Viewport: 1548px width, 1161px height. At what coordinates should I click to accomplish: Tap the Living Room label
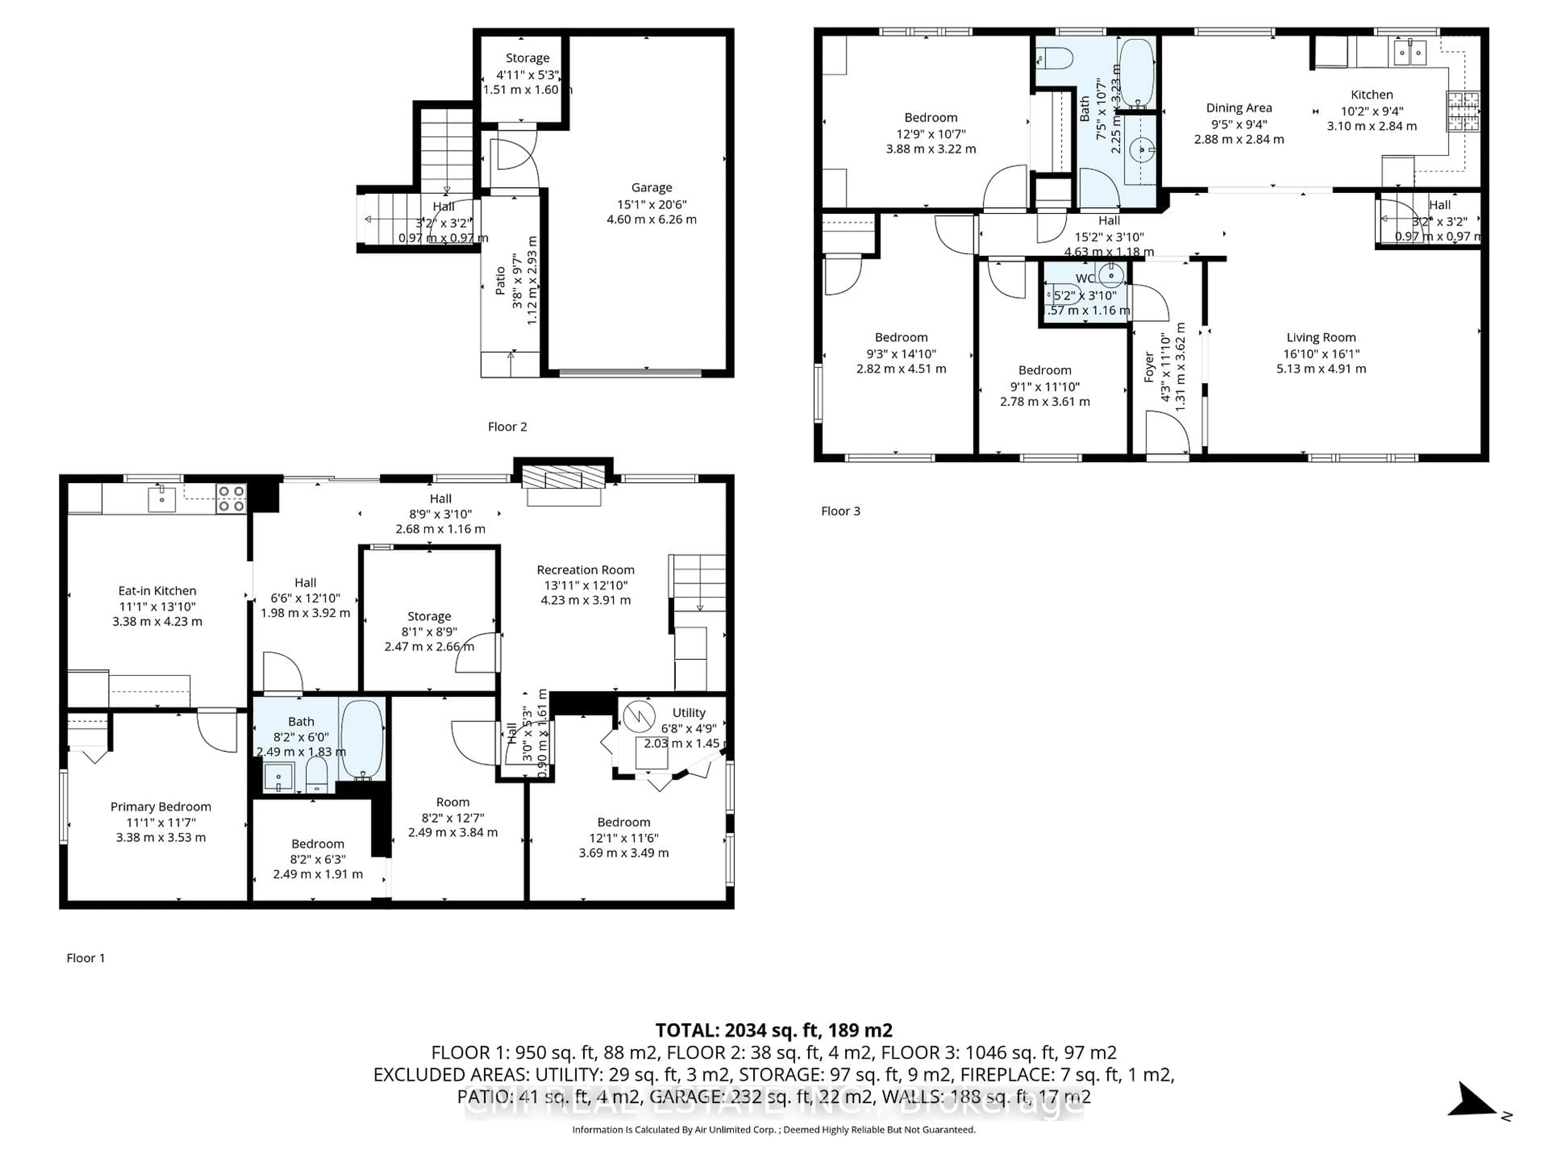click(x=1321, y=337)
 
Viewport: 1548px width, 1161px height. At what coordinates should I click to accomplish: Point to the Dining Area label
click(x=1239, y=108)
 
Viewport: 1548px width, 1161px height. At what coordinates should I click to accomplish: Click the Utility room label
click(x=689, y=712)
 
